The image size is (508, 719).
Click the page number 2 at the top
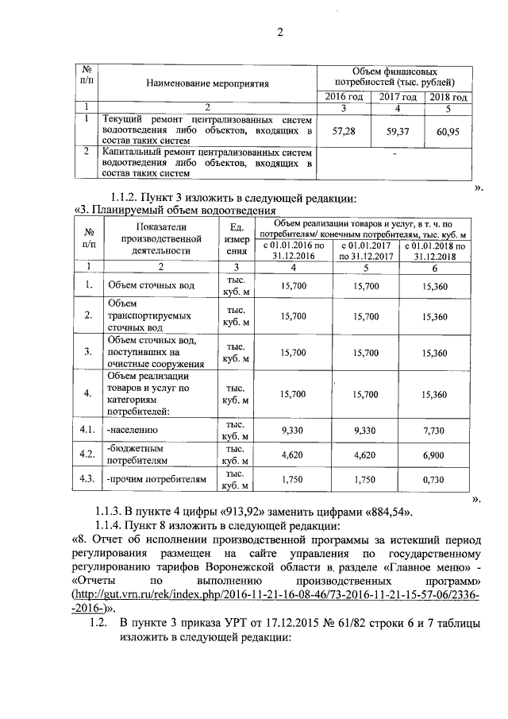point(279,33)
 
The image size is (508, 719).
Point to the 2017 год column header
point(398,97)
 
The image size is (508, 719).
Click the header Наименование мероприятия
point(208,82)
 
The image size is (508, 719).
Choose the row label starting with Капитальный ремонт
point(208,161)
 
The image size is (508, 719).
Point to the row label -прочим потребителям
point(156,480)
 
